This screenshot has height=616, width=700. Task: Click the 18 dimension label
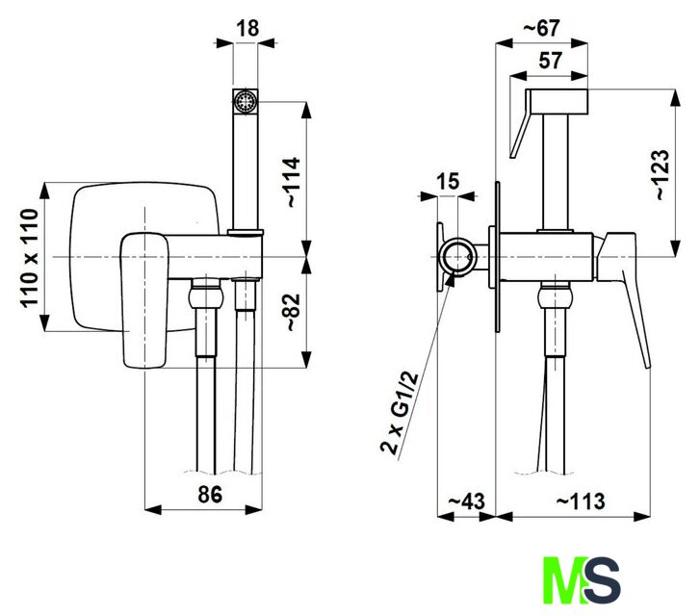(x=247, y=28)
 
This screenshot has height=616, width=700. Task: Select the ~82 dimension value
(x=293, y=312)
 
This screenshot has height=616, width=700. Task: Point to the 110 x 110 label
(x=30, y=258)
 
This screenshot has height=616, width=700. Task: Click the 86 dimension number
(x=210, y=495)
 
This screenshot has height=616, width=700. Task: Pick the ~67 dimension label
(x=541, y=28)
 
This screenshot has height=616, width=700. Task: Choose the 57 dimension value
(x=550, y=61)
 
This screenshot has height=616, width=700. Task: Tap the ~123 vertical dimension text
(x=661, y=174)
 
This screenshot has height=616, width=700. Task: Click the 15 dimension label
(x=448, y=181)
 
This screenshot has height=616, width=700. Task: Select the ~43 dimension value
(x=466, y=501)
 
